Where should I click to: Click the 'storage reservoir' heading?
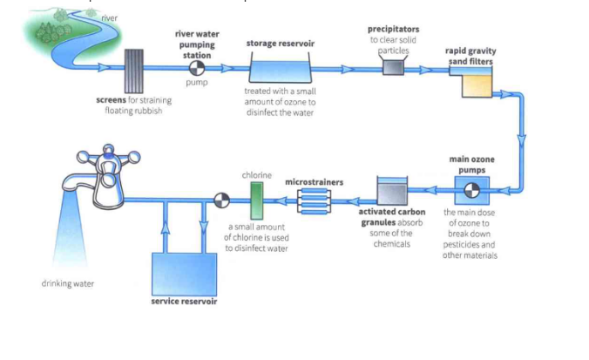(280, 43)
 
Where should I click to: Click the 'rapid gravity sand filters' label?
(470, 57)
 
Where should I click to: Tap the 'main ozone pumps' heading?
(471, 164)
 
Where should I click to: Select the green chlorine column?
(256, 200)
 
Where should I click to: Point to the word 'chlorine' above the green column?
(256, 175)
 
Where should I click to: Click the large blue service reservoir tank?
(184, 272)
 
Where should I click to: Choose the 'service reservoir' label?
(184, 302)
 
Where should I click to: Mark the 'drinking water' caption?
(67, 283)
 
